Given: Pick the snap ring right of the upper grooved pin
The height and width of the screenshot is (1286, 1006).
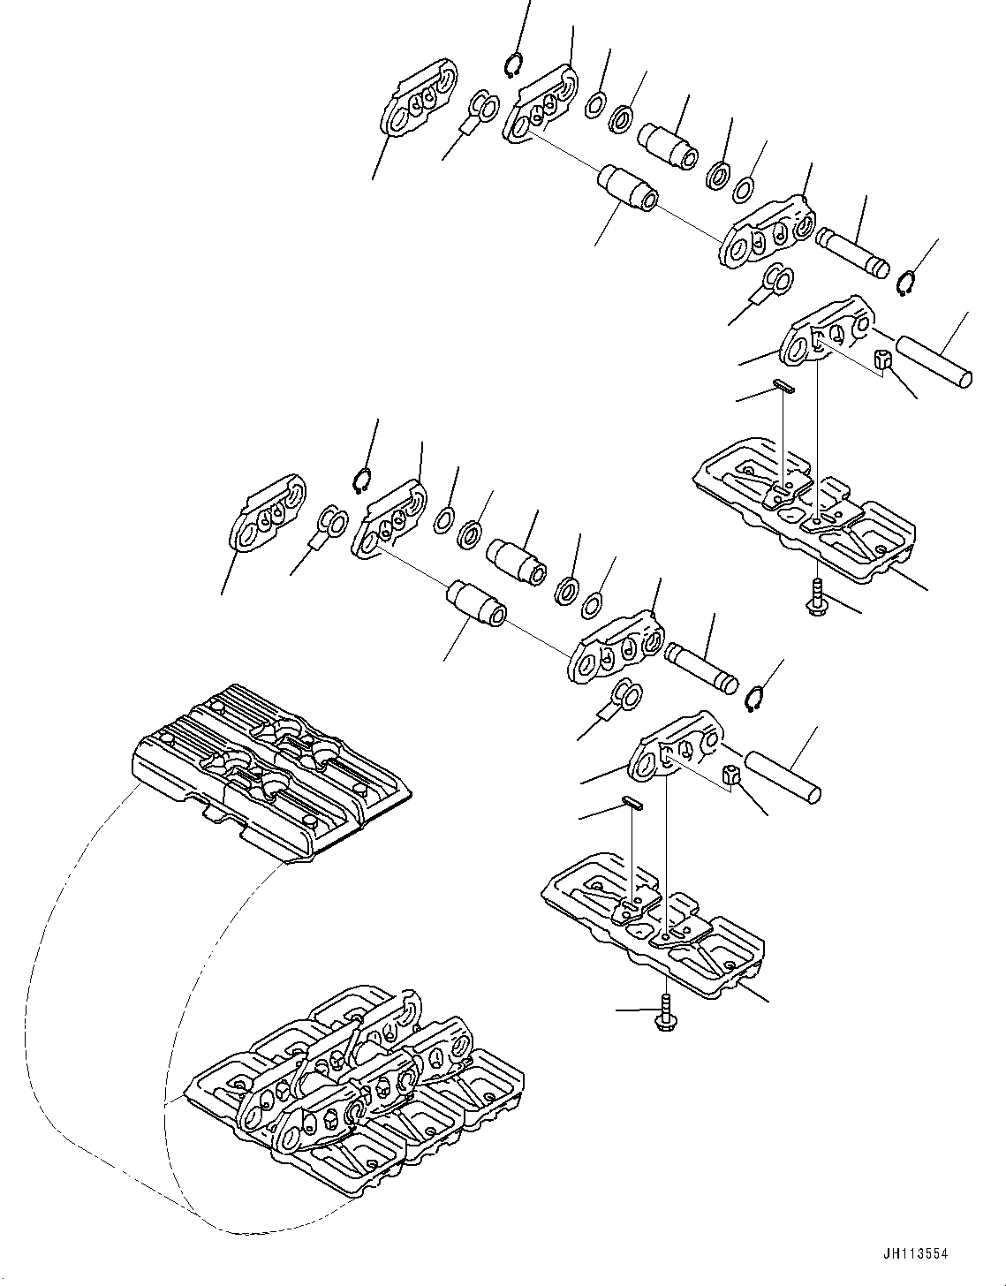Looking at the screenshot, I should click(x=904, y=285).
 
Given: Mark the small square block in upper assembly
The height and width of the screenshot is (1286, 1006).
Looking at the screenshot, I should click(x=883, y=360).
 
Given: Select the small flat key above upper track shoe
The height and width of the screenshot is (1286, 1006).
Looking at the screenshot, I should click(x=783, y=383).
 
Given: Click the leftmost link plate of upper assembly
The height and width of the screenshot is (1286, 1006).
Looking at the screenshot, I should click(x=419, y=98).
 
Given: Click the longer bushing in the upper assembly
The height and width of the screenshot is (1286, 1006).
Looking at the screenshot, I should click(x=625, y=186).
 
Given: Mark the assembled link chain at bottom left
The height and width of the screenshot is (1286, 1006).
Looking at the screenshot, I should click(x=353, y=1078).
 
